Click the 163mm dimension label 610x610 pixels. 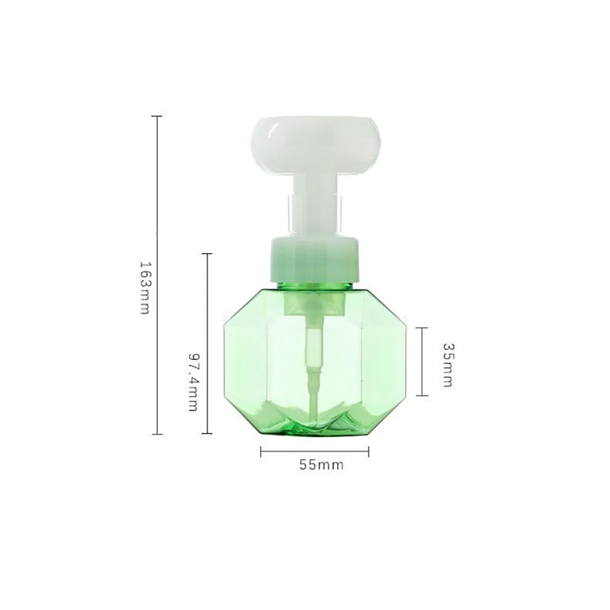click(144, 287)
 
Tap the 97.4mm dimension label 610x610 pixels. click(194, 382)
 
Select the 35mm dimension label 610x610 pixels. click(448, 365)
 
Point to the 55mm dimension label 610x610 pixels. click(321, 465)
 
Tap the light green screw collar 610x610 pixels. click(314, 258)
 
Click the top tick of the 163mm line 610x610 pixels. click(157, 117)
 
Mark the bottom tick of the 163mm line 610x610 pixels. click(157, 434)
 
